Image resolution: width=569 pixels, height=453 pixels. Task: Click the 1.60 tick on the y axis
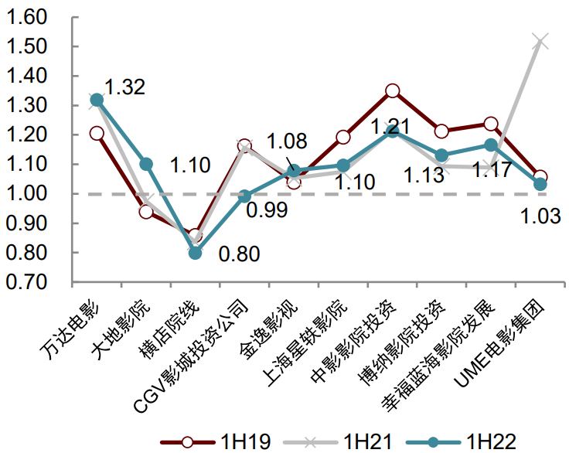point(27,17)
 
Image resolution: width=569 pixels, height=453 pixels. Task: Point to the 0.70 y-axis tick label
point(27,282)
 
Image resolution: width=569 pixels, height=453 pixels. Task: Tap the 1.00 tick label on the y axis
point(27,194)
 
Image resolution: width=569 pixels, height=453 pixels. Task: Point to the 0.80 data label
point(240,254)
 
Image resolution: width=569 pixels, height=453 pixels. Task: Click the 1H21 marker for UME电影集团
point(540,40)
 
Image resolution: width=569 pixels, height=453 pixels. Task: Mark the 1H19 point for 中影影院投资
point(393,91)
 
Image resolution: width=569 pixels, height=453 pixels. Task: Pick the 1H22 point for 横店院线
point(195,253)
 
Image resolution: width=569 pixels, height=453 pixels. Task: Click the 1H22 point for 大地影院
point(146,164)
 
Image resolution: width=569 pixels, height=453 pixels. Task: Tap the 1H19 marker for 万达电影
point(97,134)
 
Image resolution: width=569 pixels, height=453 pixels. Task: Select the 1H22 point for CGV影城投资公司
point(244,196)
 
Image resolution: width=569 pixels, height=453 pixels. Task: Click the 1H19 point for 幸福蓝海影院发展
point(491,124)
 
